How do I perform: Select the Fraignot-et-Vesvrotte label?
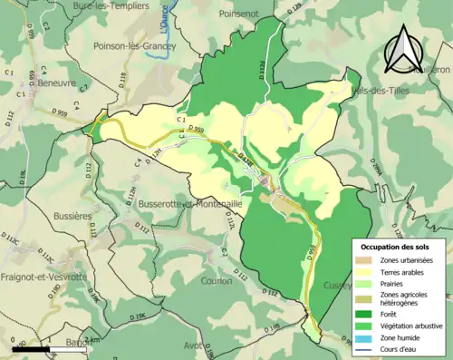coord(43,277)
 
